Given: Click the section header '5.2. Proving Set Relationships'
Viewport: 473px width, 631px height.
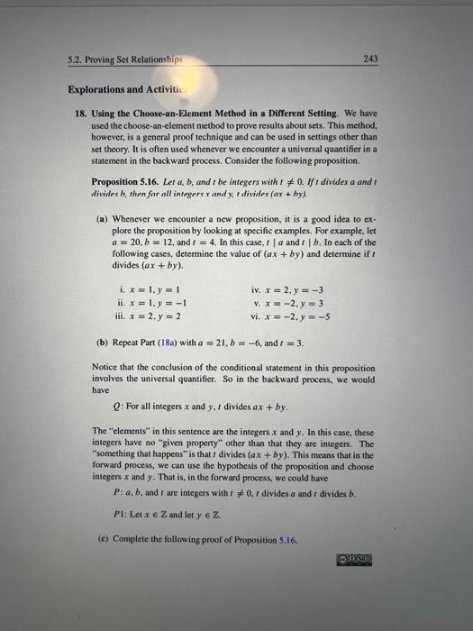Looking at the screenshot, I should click(x=113, y=59).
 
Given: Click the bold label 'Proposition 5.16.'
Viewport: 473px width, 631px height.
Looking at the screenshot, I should click(x=138, y=180).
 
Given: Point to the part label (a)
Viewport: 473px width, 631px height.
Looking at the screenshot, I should click(x=103, y=218).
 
